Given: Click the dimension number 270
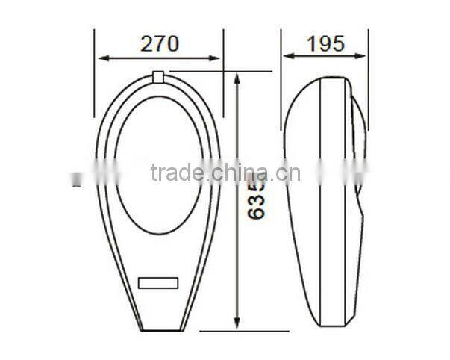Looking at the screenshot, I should coord(160,43).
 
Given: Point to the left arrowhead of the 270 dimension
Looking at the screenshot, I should coord(101,58).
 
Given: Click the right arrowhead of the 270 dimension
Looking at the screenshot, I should coord(217,58).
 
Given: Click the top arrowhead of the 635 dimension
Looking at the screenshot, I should coord(238,77).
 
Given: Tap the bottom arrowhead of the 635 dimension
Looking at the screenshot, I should coord(238,324).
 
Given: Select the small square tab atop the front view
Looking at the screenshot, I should coord(158,76).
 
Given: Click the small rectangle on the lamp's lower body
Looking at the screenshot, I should coord(158,284).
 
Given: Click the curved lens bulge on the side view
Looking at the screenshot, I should coord(358,149).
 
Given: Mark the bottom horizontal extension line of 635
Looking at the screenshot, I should coord(224,329).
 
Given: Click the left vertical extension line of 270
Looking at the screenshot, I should coord(95,67).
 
